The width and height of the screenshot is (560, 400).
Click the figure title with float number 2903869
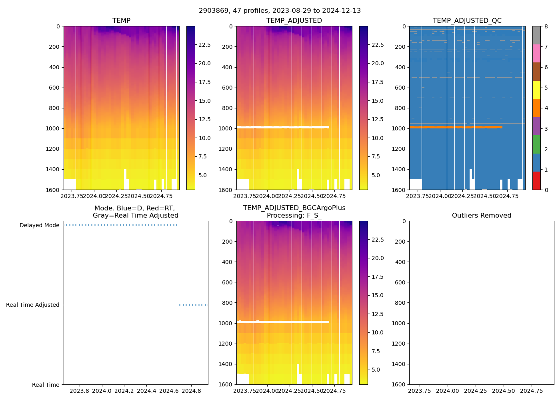[x=280, y=11]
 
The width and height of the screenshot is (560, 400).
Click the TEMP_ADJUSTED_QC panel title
[x=467, y=21]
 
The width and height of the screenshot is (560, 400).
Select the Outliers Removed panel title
[x=481, y=216]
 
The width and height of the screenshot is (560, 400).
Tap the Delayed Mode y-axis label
[x=39, y=225]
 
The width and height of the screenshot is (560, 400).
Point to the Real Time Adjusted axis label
[x=32, y=305]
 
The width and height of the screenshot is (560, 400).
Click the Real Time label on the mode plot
[x=46, y=385]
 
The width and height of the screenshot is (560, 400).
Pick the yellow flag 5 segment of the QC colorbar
[x=536, y=90]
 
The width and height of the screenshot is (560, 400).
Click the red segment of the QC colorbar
[x=536, y=181]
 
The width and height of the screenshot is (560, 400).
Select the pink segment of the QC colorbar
[x=536, y=53]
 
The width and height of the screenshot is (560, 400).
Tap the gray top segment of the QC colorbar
[x=536, y=35]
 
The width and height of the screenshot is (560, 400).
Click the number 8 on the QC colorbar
[x=546, y=26]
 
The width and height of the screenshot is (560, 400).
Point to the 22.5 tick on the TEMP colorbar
[x=204, y=45]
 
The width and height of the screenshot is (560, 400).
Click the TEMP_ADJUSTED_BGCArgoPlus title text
[x=294, y=208]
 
